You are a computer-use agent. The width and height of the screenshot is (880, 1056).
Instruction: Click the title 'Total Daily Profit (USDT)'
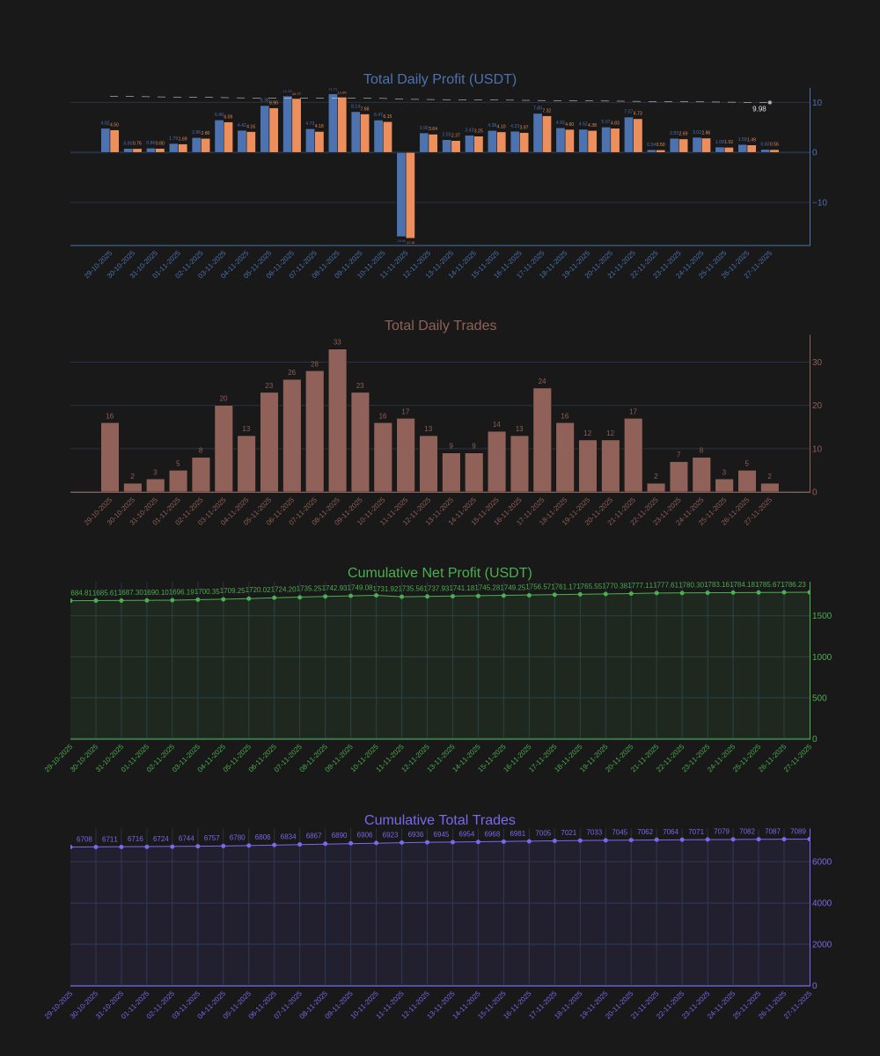click(440, 79)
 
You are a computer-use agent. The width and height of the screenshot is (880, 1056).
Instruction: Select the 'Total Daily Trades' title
click(440, 326)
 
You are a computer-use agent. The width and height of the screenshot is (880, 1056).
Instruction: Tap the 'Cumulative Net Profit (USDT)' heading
click(440, 573)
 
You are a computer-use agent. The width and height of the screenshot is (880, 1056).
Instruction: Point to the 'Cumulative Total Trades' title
click(440, 820)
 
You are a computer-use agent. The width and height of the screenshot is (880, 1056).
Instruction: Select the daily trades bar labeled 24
click(542, 440)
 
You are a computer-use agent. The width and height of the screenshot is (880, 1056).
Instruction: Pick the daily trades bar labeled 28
click(314, 431)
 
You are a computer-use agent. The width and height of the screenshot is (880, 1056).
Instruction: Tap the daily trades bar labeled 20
click(224, 449)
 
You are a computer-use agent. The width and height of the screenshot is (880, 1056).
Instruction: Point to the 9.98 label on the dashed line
click(759, 109)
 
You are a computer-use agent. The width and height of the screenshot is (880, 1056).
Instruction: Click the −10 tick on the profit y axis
click(819, 202)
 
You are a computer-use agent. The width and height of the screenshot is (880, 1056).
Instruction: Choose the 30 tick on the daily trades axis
click(817, 362)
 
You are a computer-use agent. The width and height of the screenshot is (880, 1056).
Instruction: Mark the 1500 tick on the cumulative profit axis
click(821, 616)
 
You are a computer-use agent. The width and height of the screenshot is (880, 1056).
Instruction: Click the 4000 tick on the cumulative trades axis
click(821, 903)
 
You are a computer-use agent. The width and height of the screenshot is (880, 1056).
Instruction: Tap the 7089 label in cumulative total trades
click(797, 831)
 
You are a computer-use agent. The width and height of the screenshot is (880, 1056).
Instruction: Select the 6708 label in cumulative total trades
click(84, 840)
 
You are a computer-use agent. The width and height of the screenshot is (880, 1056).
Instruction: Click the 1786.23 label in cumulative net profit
click(794, 584)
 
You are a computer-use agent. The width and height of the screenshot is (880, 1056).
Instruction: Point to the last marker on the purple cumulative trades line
click(809, 839)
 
